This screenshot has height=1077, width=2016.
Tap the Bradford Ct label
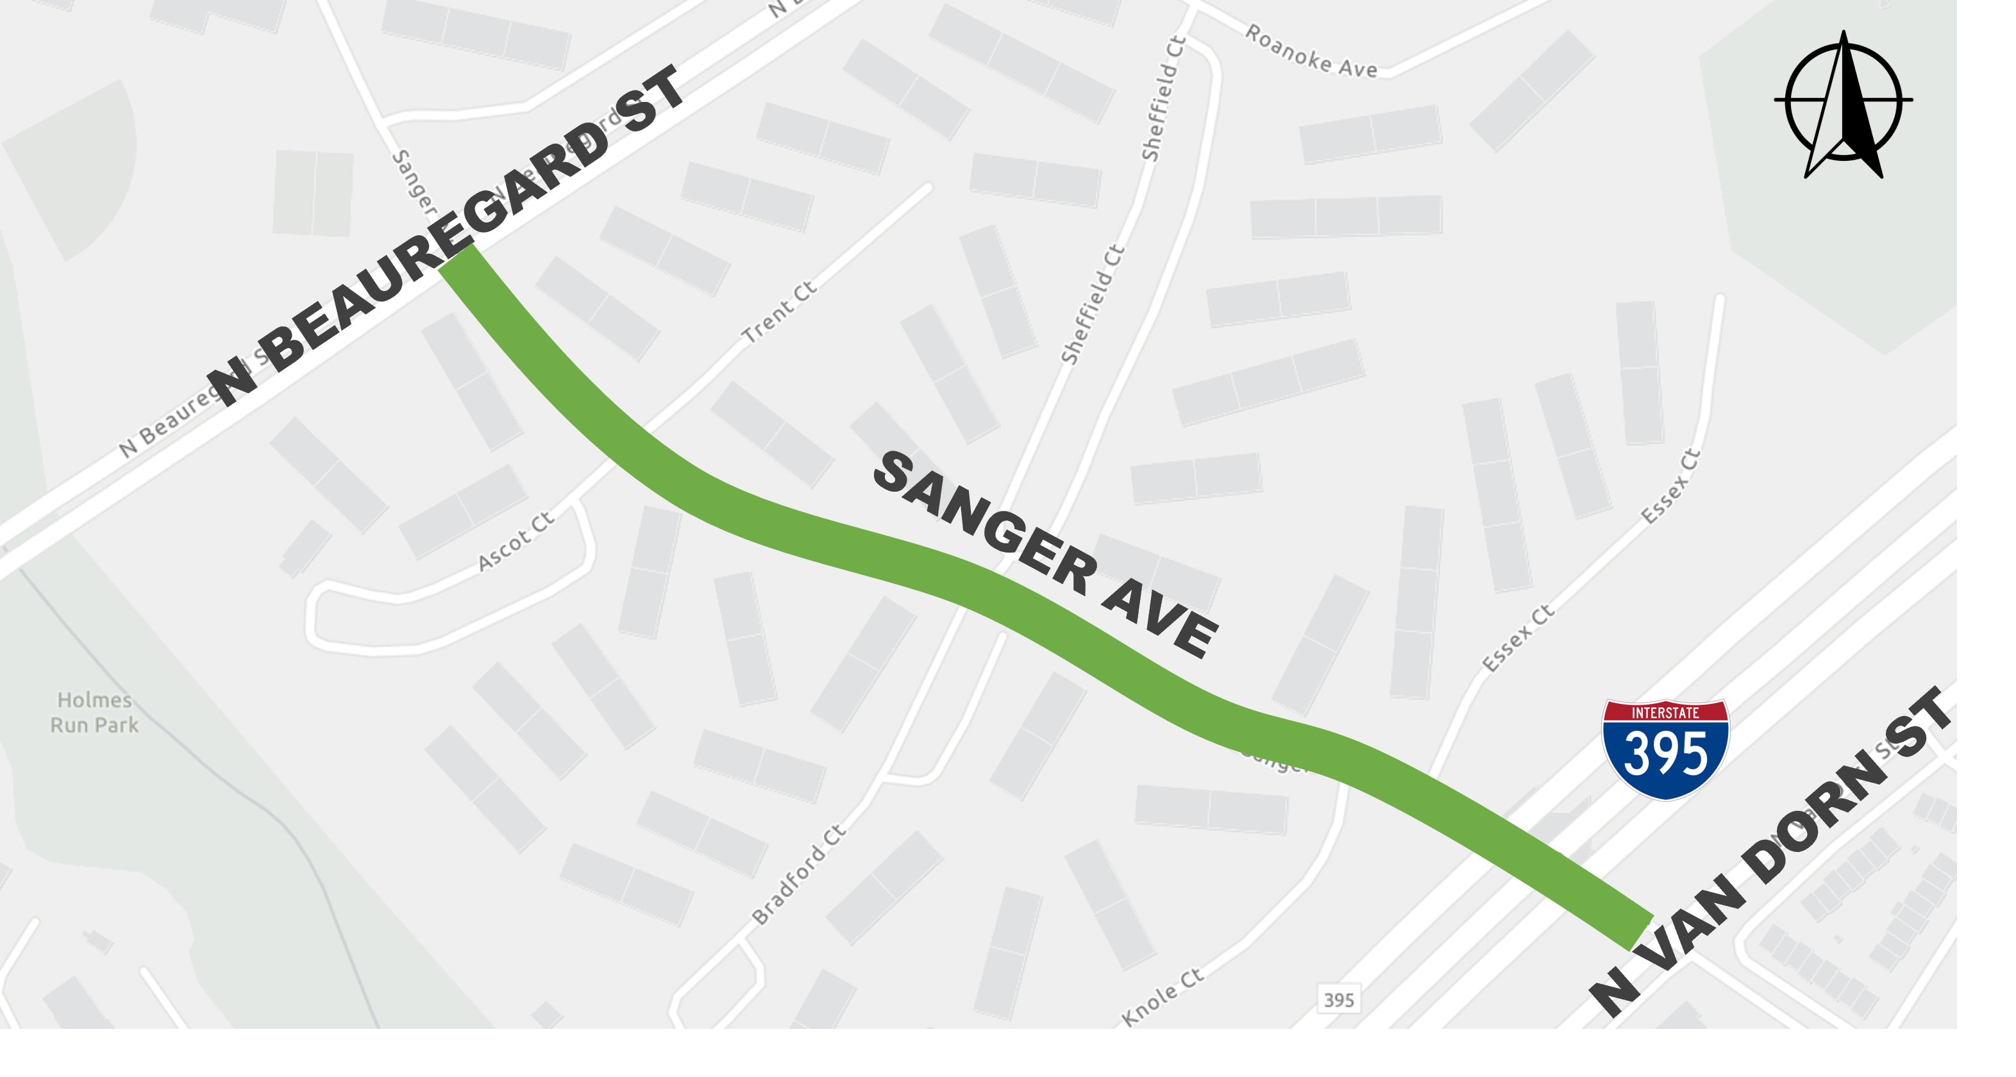coord(798,874)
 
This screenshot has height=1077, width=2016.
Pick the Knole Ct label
coord(1162,996)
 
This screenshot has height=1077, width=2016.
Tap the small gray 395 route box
coord(1339,999)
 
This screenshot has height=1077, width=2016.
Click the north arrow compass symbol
coord(1844,106)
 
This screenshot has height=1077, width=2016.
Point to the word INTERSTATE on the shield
coord(1665,713)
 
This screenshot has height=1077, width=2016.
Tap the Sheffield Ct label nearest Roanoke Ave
coord(1163,99)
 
